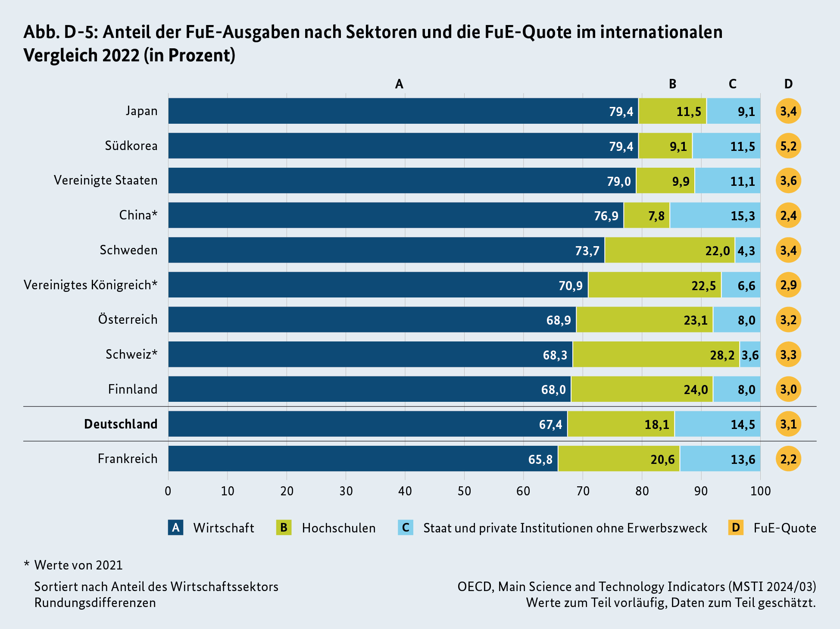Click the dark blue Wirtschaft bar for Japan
click(x=403, y=111)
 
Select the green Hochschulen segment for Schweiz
click(x=656, y=354)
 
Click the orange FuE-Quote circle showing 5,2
click(x=788, y=146)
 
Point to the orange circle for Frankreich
click(x=788, y=459)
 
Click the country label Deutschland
click(x=121, y=424)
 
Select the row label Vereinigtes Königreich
click(x=91, y=285)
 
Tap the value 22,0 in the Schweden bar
click(x=718, y=250)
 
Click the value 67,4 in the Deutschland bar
click(x=550, y=425)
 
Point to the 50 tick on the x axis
click(x=464, y=491)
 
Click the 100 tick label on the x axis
click(x=760, y=491)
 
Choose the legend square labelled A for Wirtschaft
click(x=175, y=528)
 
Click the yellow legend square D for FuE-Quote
click(x=736, y=528)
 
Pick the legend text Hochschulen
click(x=339, y=528)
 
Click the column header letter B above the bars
click(x=672, y=84)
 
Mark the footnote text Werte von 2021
click(x=78, y=565)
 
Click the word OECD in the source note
click(x=476, y=587)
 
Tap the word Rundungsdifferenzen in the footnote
click(x=95, y=603)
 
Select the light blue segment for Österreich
click(x=736, y=320)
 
